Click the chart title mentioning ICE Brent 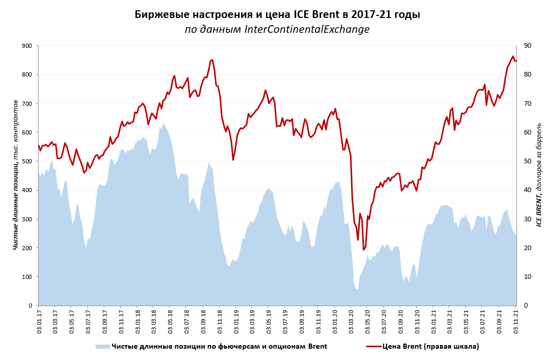277,14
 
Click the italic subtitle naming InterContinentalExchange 277,29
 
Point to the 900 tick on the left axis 26,46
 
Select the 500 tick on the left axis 26,161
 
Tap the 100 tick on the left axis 26,277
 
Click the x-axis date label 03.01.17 39,319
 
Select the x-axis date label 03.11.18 220,319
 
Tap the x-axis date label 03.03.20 351,319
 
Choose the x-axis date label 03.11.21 516,319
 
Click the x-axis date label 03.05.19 269,319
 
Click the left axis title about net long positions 16,175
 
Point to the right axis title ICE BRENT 539,175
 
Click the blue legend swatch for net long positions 102,347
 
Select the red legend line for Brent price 374,347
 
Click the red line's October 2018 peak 212,60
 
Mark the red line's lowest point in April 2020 364,250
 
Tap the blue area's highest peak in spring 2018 163,123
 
